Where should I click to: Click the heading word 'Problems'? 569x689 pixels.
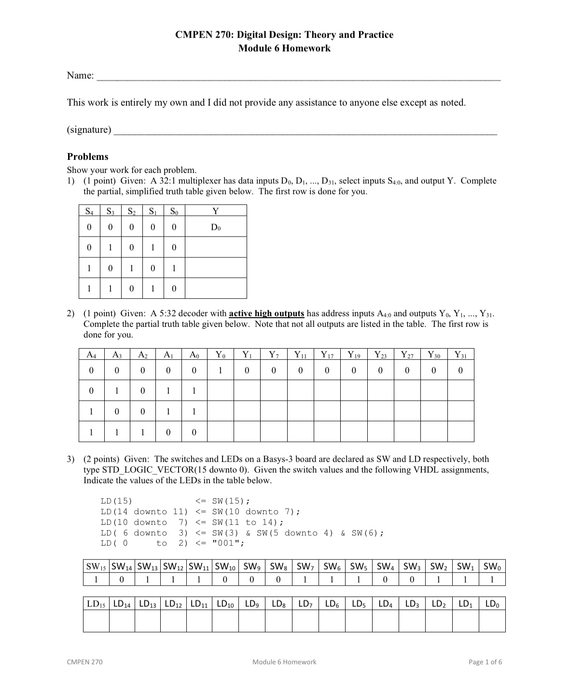(87, 156)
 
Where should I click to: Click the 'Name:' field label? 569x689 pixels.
(80, 75)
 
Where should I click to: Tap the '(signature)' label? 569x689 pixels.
(89, 129)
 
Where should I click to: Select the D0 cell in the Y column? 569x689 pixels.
(216, 227)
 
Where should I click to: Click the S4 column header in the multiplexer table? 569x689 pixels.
(89, 211)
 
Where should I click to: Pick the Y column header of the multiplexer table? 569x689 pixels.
(216, 211)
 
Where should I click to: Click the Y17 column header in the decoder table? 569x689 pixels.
(327, 355)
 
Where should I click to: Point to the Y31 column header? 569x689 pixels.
(460, 355)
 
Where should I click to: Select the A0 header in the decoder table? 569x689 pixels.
(194, 355)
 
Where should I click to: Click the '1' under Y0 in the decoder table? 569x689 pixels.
(221, 370)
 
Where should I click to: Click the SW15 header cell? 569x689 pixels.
(96, 566)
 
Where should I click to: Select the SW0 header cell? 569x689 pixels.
(492, 566)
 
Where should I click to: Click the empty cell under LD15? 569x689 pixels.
(96, 621)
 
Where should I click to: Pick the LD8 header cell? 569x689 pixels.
(278, 604)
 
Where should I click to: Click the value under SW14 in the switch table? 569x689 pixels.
(122, 579)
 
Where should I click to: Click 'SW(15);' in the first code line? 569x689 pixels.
(231, 501)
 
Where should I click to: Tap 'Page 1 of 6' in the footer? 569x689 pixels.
(485, 662)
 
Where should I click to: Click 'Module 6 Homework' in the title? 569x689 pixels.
(284, 48)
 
